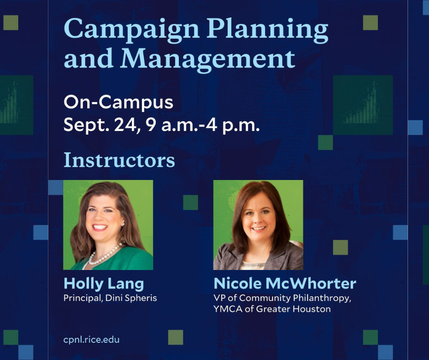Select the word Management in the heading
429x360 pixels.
208,59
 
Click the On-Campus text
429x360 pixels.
119,103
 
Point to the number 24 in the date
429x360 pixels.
126,125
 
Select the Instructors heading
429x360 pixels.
119,160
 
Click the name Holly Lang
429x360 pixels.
104,284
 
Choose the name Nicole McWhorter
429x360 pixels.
285,283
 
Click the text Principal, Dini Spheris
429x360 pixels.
110,298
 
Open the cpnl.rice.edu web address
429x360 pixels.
91,340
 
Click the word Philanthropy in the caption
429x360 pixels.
322,298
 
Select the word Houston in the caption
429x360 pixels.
312,309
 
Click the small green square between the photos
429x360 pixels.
190,202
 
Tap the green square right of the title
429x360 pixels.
371,23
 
